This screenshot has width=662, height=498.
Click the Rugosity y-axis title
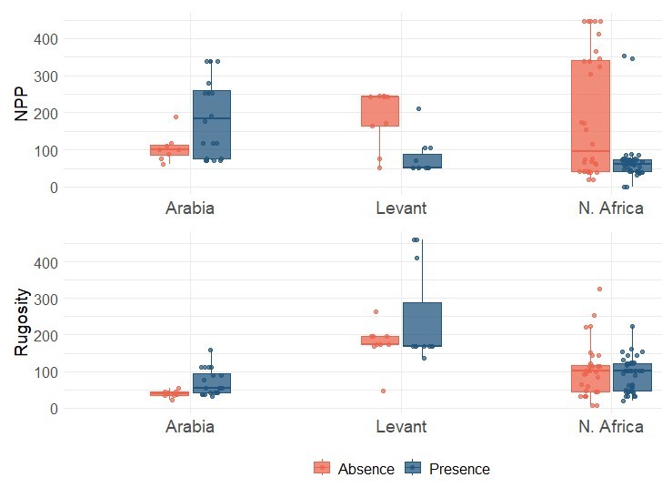point(22,321)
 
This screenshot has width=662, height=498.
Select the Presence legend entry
point(447,469)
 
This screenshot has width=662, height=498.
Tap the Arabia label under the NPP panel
point(190,208)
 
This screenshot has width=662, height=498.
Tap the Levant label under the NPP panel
point(401,208)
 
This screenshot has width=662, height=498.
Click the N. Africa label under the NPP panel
point(610,208)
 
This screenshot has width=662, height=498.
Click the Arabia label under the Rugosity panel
point(190,426)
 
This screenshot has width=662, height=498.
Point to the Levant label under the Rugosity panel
point(401,426)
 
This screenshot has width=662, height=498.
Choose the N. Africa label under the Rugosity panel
point(610,426)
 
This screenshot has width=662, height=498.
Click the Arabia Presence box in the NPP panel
point(211,125)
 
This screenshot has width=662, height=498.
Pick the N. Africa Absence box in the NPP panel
point(590,116)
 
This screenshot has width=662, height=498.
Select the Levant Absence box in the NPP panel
point(379,111)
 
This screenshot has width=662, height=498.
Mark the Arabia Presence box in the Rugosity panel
point(211,382)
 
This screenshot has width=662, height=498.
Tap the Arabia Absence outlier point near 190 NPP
point(176,117)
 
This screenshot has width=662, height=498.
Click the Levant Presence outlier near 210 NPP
point(418,109)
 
